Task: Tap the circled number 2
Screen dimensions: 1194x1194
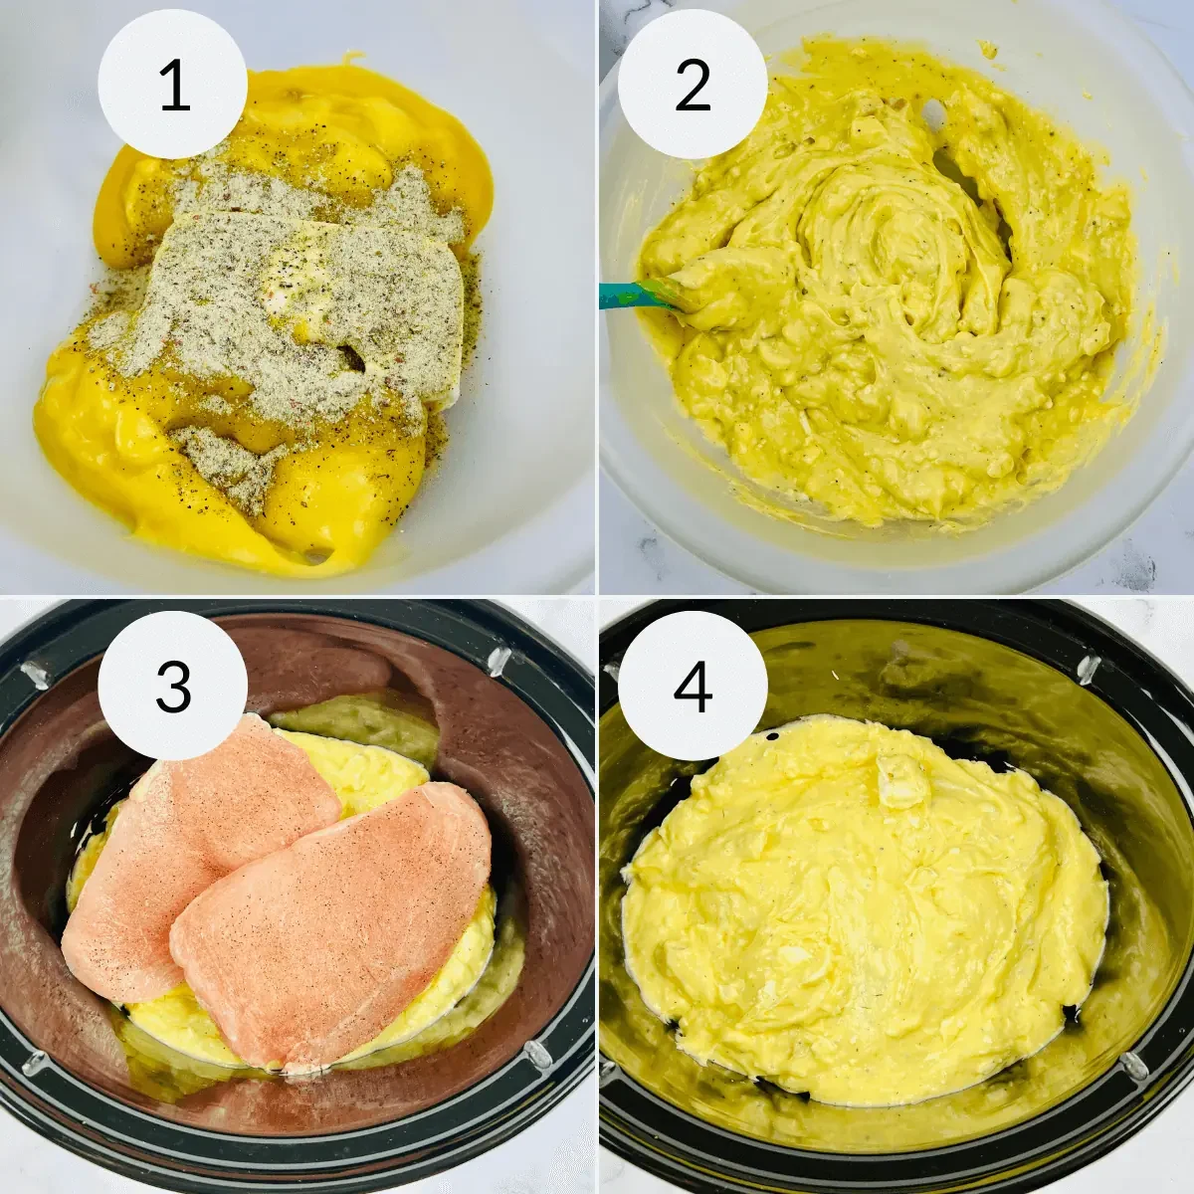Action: click(x=692, y=84)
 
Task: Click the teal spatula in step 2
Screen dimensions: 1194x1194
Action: click(x=637, y=295)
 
